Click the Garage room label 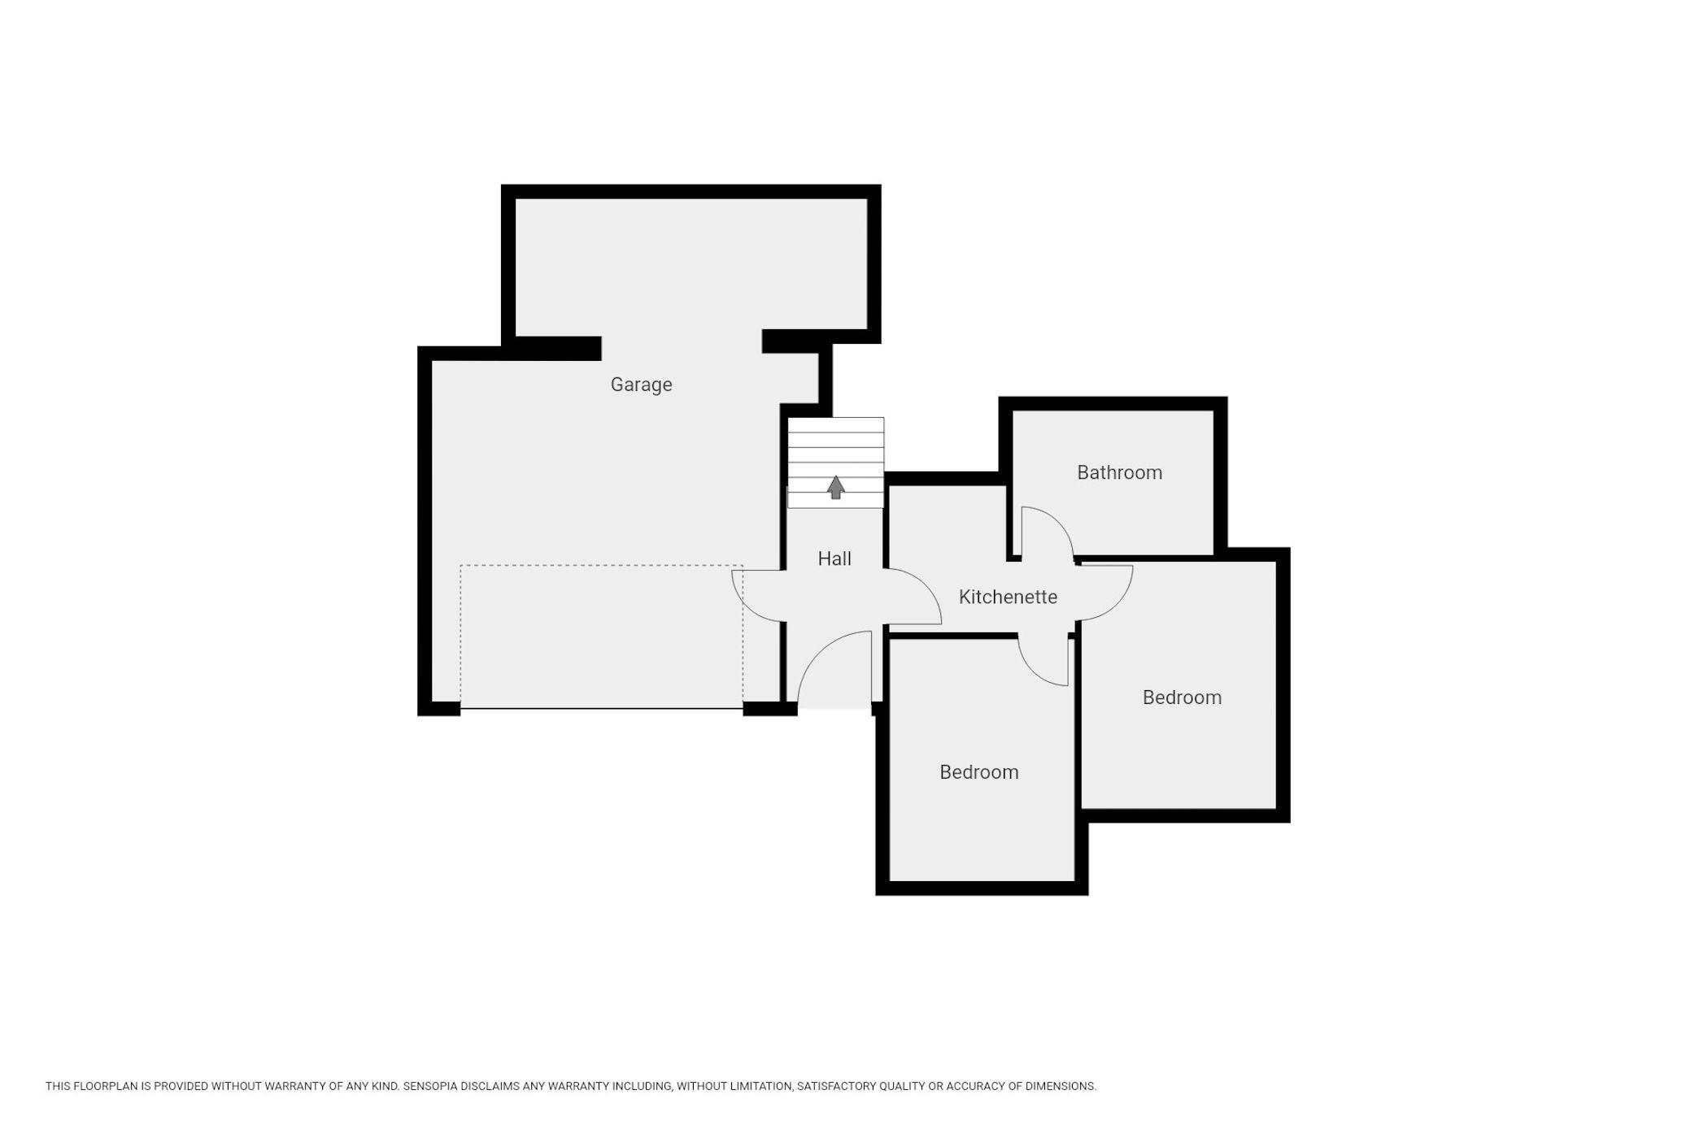(x=641, y=384)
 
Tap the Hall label (x=834, y=558)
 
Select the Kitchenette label (x=1008, y=597)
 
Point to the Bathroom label (x=1119, y=472)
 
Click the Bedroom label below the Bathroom (x=1182, y=697)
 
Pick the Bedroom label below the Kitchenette (x=978, y=772)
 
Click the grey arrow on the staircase (x=836, y=487)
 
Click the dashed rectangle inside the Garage (x=601, y=566)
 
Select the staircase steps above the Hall (x=836, y=463)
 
